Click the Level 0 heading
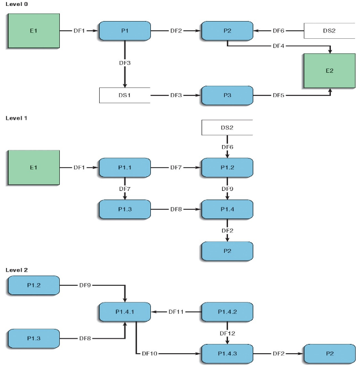coord(17,4)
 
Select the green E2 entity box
coord(329,71)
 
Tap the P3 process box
coord(227,95)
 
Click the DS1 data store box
coord(124,95)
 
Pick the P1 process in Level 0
coord(124,31)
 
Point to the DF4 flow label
coord(279,46)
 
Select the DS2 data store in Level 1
coord(227,128)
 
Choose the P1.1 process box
coord(124,168)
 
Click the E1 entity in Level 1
coord(33,168)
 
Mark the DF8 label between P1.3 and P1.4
coord(176,209)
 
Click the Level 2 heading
coord(17,270)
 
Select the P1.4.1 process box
coord(124,312)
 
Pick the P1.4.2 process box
coord(227,312)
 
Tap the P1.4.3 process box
coord(227,354)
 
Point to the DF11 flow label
coord(176,312)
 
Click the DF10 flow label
coord(149,354)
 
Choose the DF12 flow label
coord(227,333)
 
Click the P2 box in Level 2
coord(329,354)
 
